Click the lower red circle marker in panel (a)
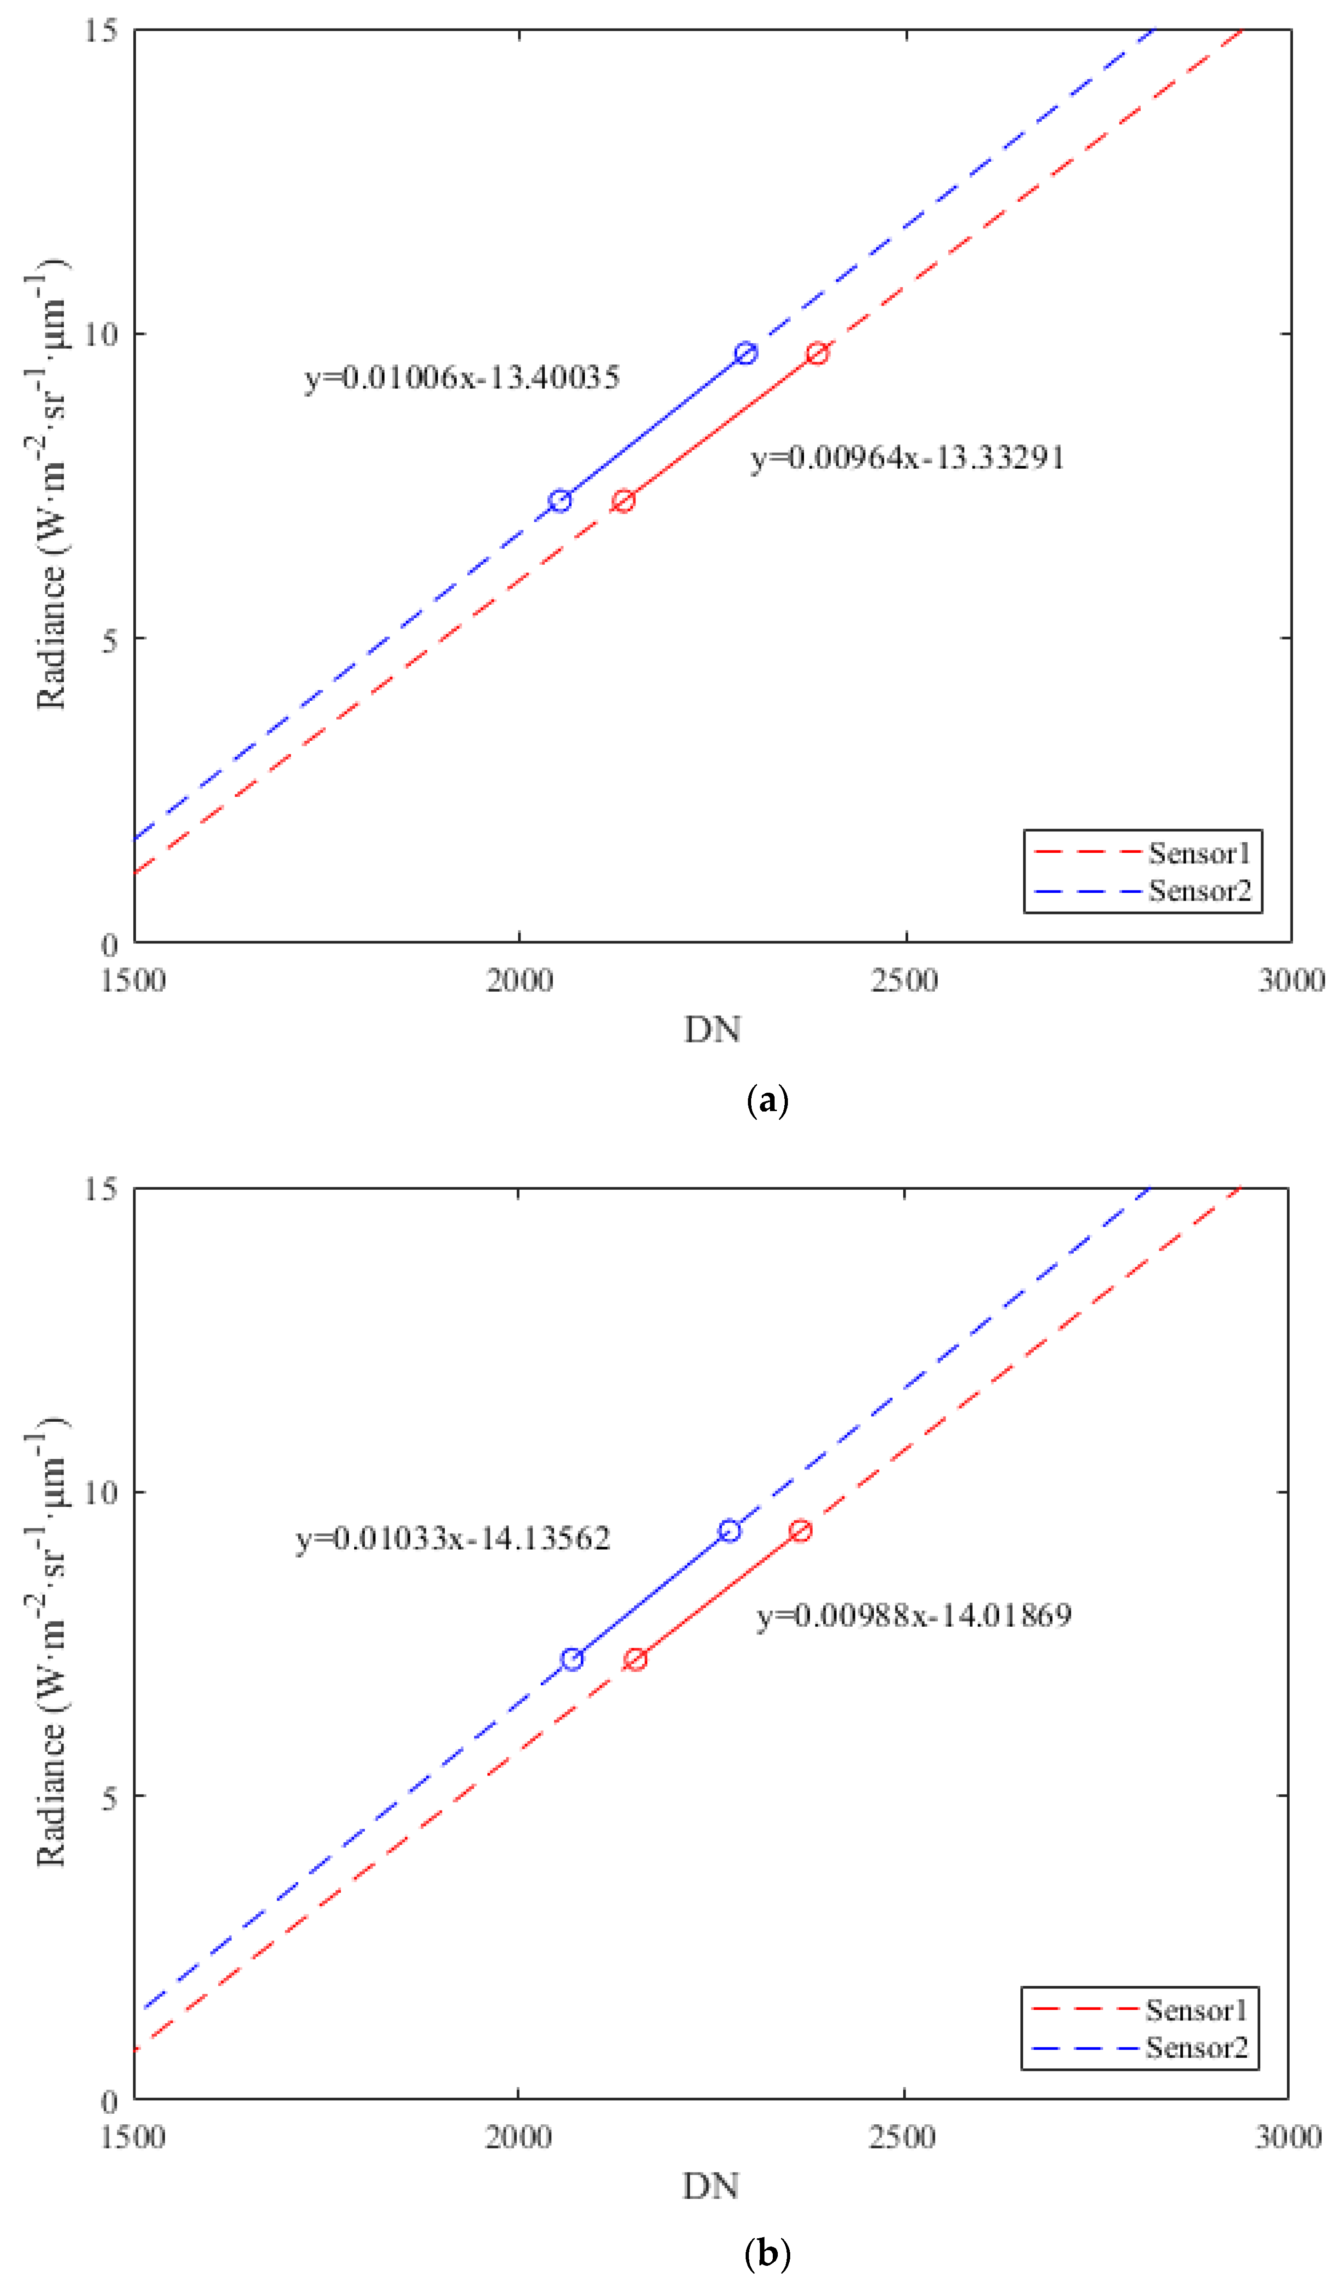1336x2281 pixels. pyautogui.click(x=623, y=500)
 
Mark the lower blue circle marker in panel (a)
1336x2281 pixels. pyautogui.click(x=560, y=500)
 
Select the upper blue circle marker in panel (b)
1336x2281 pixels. pyautogui.click(x=730, y=1531)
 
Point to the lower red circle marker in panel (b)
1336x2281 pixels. pyautogui.click(x=635, y=1659)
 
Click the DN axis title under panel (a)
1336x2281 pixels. pyautogui.click(x=713, y=1029)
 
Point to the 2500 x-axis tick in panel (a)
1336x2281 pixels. pyautogui.click(x=905, y=980)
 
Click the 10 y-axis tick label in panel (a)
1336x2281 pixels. pyautogui.click(x=102, y=334)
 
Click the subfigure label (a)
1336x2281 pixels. pyautogui.click(x=768, y=1101)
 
